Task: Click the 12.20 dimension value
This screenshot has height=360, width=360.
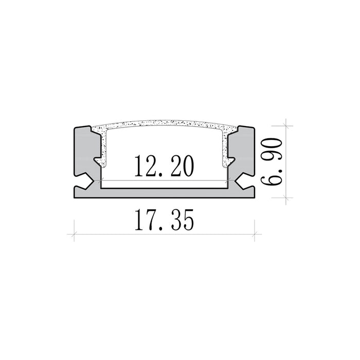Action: (x=164, y=166)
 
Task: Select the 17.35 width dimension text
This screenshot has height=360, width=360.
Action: (x=164, y=220)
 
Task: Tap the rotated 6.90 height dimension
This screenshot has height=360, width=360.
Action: (x=272, y=161)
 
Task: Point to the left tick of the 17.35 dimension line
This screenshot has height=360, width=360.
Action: (x=74, y=235)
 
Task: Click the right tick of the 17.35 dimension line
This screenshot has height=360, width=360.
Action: (x=255, y=235)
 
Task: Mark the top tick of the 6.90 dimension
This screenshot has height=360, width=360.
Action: (x=286, y=126)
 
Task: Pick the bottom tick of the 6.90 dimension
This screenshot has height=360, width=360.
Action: (x=286, y=197)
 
